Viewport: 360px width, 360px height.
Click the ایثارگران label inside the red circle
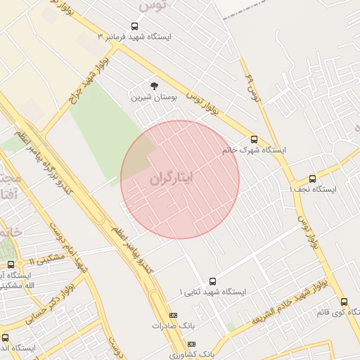coord(180,179)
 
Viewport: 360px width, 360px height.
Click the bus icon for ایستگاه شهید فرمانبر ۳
coord(134,27)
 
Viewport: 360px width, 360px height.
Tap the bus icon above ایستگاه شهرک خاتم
coord(254,139)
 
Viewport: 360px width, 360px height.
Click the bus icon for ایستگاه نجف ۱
coord(314,179)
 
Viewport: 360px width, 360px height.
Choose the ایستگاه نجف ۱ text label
coord(314,190)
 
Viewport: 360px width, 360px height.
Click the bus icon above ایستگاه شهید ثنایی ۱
coord(212,281)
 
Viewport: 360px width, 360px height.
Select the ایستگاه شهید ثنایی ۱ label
coord(212,291)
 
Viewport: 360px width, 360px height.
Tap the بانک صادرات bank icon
coord(174,314)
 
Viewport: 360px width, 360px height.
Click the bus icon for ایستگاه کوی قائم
coord(344,301)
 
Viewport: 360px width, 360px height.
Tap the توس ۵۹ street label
coord(251,86)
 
